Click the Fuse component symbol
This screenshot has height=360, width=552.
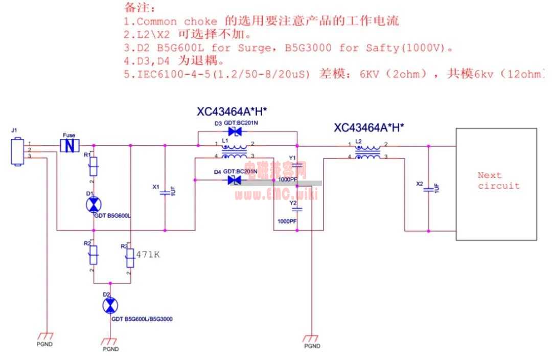pos(69,146)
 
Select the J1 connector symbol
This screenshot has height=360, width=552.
pos(18,151)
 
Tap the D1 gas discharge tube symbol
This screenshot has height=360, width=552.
pos(93,205)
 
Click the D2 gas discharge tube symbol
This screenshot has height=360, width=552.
pos(109,306)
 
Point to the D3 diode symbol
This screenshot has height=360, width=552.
pos(235,132)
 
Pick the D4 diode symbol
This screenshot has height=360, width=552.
pos(235,179)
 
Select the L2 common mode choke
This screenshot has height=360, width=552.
pos(368,152)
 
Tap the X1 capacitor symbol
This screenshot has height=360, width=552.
pos(165,193)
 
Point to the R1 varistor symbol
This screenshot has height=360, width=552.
pos(93,166)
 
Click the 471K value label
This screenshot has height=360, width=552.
pos(148,254)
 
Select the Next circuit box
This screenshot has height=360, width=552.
pos(496,184)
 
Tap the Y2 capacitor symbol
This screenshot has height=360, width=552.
pos(299,209)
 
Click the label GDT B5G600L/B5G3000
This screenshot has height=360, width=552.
pos(142,319)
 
